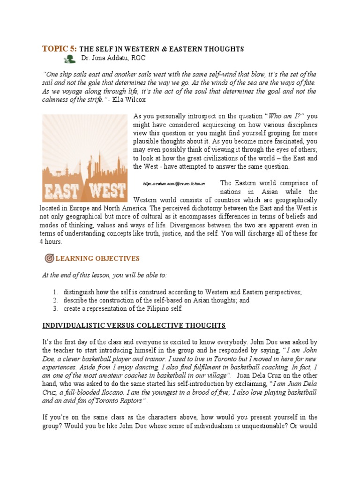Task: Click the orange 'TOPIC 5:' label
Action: tap(60, 49)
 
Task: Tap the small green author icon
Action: tap(69, 59)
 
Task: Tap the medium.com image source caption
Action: tap(167, 184)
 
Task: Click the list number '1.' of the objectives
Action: tap(55, 292)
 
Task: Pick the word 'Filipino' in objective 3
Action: tap(155, 309)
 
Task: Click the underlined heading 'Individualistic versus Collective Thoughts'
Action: tap(134, 325)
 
